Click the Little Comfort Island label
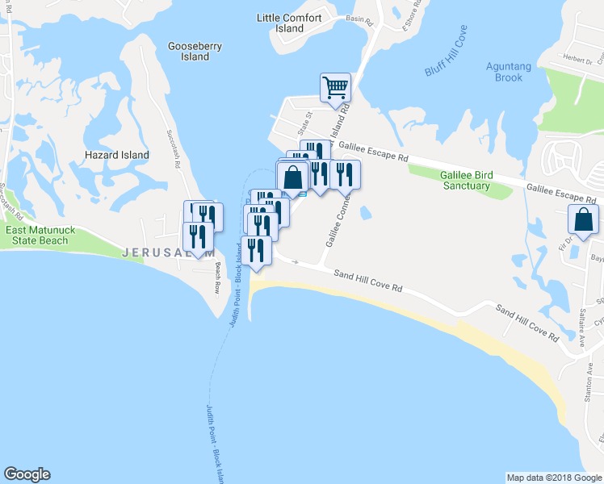(289, 23)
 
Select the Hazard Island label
(117, 155)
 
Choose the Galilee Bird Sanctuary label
(464, 181)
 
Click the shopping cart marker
(335, 87)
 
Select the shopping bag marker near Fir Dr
(583, 219)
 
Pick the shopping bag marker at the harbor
(292, 176)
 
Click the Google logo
(27, 474)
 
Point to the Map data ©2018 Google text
(554, 478)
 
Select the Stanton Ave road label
(588, 379)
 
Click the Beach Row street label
(216, 278)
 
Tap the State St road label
(304, 124)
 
